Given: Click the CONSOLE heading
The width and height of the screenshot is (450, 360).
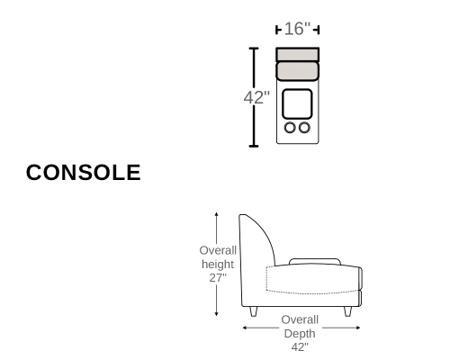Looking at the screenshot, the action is coord(84,173).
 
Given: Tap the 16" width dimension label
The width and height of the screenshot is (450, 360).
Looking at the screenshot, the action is coord(297,29).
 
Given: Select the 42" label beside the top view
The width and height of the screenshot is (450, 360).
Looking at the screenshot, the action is coord(256,97).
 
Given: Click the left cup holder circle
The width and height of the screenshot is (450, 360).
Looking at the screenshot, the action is coord(290,128).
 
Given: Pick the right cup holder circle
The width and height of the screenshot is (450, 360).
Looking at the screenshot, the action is coord(304,128).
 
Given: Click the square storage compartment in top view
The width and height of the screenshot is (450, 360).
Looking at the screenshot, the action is coord(297,103).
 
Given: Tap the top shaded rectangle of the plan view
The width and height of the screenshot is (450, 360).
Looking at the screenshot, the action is coord(297,55).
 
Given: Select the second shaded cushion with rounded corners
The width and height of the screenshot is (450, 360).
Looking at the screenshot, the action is coord(297,71).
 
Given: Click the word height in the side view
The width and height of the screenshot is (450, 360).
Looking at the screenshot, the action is coord(218,265).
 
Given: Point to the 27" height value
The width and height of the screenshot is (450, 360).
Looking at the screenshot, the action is coord(218,278).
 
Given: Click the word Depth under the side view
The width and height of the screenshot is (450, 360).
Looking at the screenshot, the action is coord(300,334).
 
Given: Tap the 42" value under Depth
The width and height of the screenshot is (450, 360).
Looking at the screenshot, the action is coord(300,347).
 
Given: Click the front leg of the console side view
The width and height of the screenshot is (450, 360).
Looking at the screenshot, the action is coord(347,311).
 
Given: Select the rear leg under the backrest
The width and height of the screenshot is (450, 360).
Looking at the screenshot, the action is coord(254,311).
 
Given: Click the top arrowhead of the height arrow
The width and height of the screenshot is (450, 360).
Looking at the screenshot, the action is coord(216,214).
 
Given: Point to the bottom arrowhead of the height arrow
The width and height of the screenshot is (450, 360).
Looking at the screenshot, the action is coord(216,314).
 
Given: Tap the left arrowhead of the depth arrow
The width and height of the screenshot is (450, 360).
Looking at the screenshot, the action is coord(245,328).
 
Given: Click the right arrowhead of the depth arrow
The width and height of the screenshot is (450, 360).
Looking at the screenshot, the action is coord(358,328).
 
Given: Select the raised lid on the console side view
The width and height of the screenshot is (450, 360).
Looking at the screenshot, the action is coord(315,261).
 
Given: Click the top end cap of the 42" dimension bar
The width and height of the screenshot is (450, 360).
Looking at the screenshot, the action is coord(254,48).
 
